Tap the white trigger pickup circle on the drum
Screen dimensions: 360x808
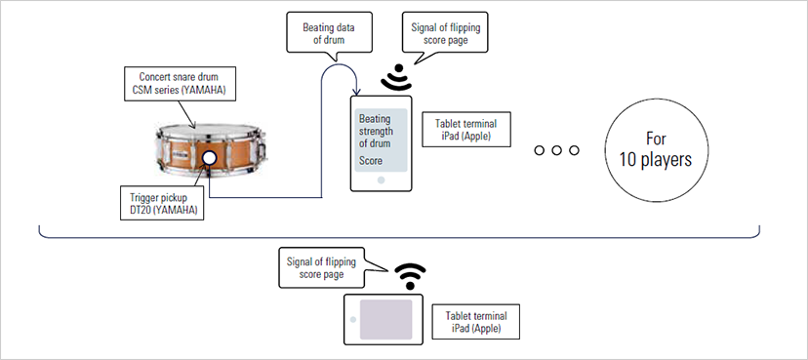[208, 159]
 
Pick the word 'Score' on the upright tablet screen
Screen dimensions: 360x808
[371, 160]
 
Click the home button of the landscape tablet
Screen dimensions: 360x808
[352, 319]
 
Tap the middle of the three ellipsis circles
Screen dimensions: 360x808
[557, 151]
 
